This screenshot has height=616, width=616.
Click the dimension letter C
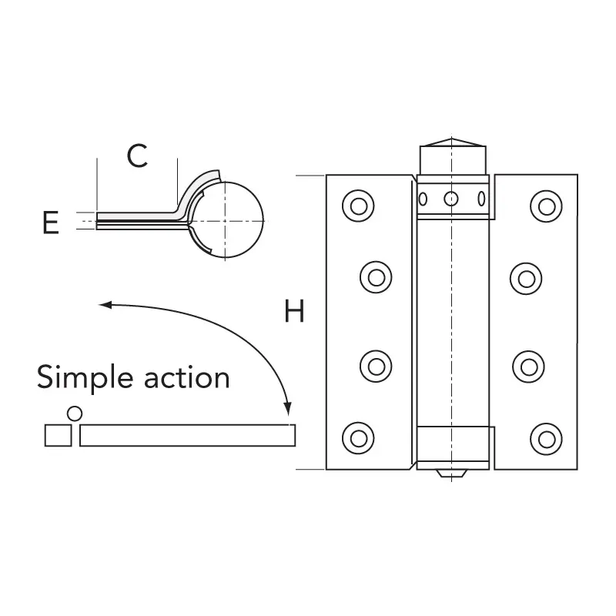click(x=137, y=156)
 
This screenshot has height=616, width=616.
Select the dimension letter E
click(x=51, y=223)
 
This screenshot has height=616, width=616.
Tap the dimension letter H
click(x=295, y=312)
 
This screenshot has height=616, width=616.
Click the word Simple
click(x=85, y=378)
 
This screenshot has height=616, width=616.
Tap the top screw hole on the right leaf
click(x=547, y=206)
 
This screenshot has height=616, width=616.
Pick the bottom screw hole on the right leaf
click(x=547, y=438)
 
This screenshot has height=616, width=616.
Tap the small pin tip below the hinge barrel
click(x=452, y=473)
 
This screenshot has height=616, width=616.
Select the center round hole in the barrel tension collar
click(x=452, y=199)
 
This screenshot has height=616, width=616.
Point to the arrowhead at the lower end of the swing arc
click(x=288, y=408)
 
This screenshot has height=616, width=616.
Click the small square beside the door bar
click(x=59, y=436)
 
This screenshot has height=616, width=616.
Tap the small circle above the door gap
click(x=75, y=413)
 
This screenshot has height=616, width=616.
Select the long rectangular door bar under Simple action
click(x=186, y=436)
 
